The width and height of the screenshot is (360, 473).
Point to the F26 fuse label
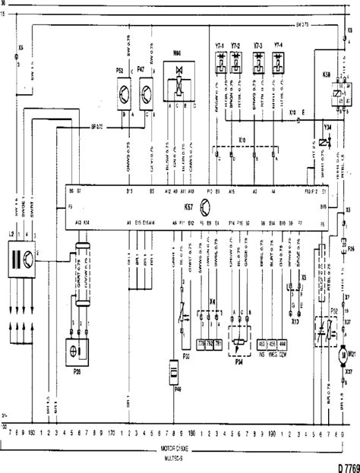click(350, 249)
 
